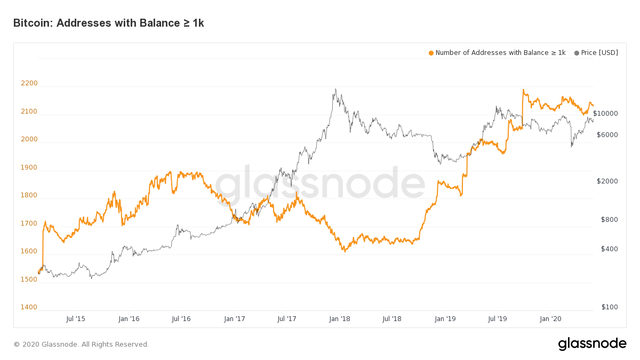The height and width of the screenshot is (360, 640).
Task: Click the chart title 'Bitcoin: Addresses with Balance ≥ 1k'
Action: coord(108,23)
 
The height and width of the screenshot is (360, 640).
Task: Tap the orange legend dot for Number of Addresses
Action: coord(431,53)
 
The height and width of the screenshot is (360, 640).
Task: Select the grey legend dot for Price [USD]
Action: coord(577,53)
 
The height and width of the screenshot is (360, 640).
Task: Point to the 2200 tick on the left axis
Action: coord(29,83)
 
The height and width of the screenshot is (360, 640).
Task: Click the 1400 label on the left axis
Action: coord(29,307)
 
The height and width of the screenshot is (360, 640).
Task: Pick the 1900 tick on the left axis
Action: coord(29,167)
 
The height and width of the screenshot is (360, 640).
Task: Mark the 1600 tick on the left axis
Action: coord(29,251)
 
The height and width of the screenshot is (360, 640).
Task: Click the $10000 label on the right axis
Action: coord(605,114)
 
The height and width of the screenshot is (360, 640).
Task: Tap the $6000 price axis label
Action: coord(607,135)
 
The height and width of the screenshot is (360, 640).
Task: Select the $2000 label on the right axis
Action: coord(607,181)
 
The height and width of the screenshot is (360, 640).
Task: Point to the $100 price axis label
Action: coord(610,307)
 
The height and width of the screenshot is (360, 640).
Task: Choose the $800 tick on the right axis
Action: coord(610,220)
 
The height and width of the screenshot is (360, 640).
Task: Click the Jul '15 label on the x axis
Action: coord(76,319)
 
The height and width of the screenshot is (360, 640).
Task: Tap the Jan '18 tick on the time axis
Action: coord(340,319)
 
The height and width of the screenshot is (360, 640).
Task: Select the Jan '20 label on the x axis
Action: coord(550,319)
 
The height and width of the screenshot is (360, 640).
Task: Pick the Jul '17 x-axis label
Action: coord(287,319)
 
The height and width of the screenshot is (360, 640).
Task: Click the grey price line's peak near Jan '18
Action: coord(335,89)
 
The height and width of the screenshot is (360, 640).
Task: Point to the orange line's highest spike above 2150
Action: coord(523,90)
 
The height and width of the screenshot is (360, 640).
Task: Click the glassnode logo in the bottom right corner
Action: coord(592,344)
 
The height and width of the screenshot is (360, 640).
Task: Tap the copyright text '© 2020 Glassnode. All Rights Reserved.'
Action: coord(81,345)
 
